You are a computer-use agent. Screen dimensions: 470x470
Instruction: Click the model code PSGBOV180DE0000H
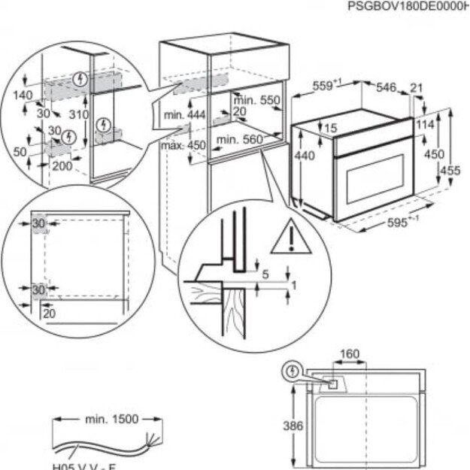coord(408,7)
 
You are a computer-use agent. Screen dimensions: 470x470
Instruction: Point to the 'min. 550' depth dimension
coord(256,101)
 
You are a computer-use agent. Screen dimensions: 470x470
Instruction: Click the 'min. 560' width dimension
coord(238,139)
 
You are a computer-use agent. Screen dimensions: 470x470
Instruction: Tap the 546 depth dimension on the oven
coord(386,88)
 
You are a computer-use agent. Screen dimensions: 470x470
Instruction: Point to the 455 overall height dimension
coord(450,171)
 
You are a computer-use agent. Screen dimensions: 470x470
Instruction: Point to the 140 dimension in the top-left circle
coord(25,96)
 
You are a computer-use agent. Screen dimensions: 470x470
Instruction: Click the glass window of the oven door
coord(373,177)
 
